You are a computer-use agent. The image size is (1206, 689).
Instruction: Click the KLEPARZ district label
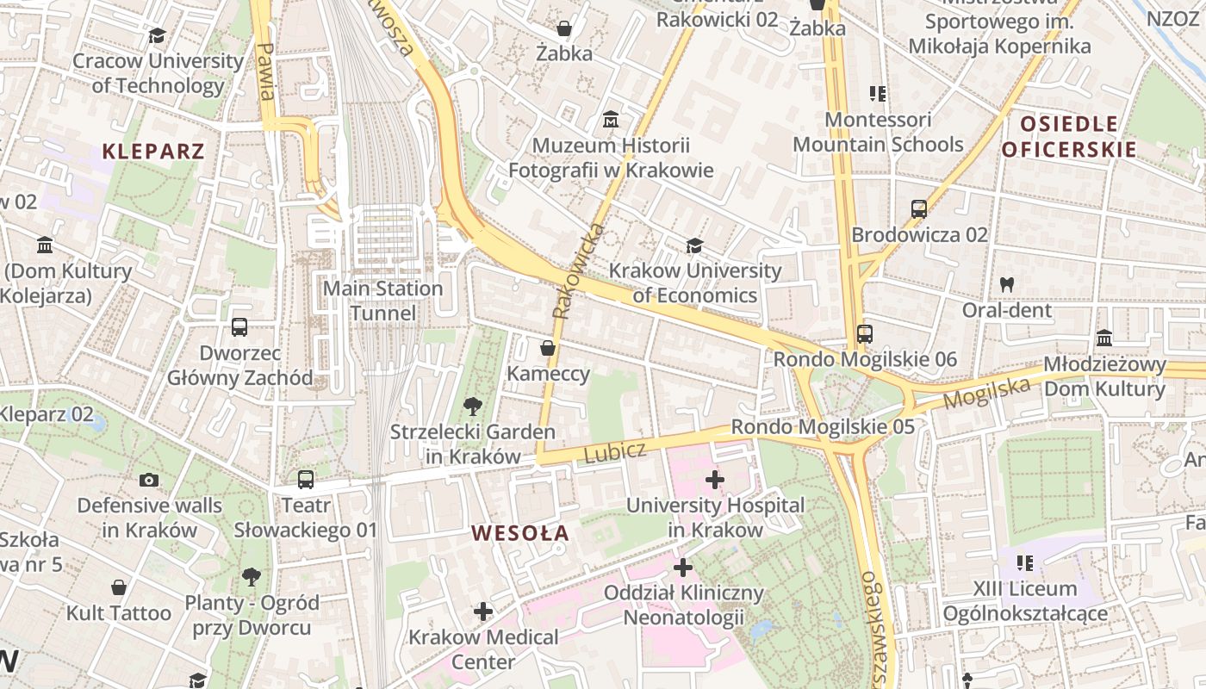153,152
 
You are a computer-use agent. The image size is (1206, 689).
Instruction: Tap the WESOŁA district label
520,533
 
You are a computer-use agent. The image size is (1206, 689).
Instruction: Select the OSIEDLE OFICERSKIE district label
1069,136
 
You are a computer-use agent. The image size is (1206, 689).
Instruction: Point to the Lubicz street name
615,452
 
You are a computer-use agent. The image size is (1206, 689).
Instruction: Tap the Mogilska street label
986,394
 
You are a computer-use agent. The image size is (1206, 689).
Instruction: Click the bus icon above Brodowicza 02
919,209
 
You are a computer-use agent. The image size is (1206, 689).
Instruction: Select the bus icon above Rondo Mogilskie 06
864,334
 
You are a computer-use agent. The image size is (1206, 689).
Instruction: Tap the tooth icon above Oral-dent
1006,284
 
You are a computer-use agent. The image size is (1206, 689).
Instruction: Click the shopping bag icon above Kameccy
547,348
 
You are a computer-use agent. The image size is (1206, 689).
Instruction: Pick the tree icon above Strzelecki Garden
472,406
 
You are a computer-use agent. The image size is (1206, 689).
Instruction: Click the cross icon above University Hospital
714,479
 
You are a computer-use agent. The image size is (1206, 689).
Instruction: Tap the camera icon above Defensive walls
149,480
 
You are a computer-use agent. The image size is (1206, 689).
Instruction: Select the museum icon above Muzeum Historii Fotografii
611,119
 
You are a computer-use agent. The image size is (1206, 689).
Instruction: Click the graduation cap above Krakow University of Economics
694,245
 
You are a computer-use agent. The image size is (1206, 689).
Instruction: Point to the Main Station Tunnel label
382,301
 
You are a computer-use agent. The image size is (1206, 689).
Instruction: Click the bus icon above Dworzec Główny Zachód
239,327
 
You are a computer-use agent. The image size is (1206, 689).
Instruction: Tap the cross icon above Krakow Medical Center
483,611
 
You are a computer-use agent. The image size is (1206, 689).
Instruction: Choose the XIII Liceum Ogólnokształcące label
1025,601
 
